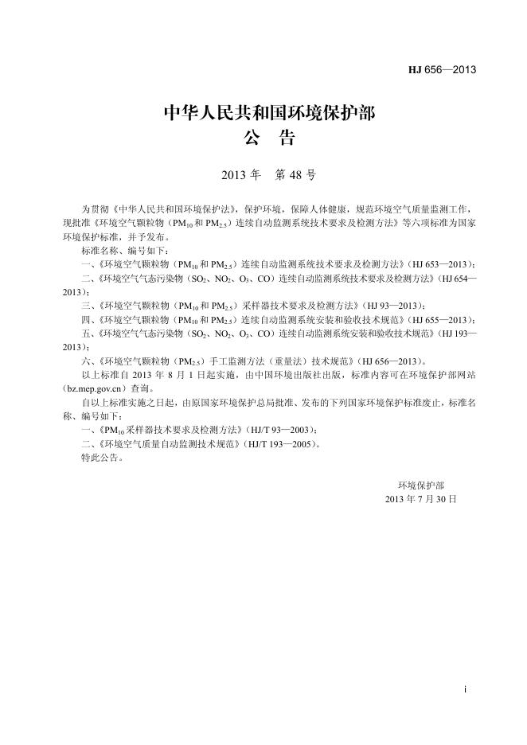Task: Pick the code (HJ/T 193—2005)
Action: [x=279, y=444]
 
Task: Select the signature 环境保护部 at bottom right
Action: [x=421, y=485]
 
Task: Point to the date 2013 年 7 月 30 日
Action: [x=420, y=499]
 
